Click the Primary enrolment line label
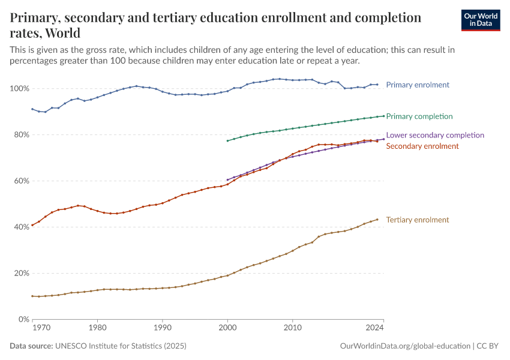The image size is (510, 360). pos(418,85)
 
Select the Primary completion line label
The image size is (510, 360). pos(419,116)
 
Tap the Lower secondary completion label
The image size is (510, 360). pos(435,135)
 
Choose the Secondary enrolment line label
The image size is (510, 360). pos(422,146)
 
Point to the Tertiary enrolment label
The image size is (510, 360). pos(418,220)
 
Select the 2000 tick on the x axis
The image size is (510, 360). pos(227,328)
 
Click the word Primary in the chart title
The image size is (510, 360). pos(35,17)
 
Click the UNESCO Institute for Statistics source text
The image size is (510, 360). pos(121,346)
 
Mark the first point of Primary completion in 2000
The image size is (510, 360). pos(227,141)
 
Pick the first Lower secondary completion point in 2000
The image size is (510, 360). pos(227,179)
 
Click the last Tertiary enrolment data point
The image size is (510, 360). pos(377,219)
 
